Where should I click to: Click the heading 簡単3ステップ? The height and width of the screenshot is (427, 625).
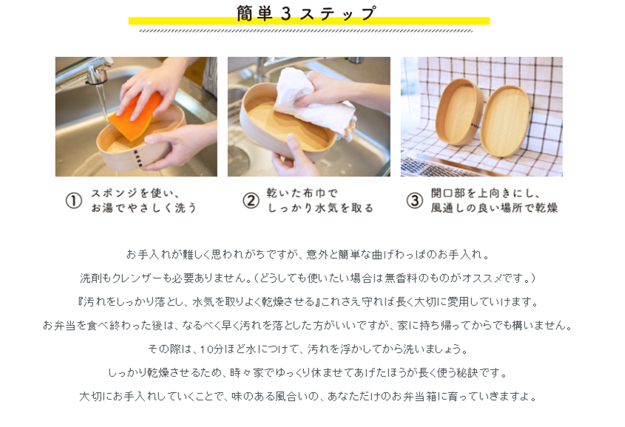pyautogui.click(x=306, y=13)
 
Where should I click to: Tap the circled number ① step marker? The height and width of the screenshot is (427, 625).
pyautogui.click(x=74, y=200)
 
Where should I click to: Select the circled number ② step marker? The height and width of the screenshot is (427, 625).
pyautogui.click(x=251, y=200)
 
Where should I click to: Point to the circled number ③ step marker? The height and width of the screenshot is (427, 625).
pyautogui.click(x=414, y=200)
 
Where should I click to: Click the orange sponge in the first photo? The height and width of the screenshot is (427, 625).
pyautogui.click(x=135, y=115)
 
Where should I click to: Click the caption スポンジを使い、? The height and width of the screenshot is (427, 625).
pyautogui.click(x=135, y=194)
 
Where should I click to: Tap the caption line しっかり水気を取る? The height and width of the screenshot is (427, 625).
pyautogui.click(x=320, y=208)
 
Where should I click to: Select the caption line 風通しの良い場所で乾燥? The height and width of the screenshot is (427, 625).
pyautogui.click(x=494, y=208)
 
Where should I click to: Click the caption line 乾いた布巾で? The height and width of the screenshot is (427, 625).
pyautogui.click(x=302, y=194)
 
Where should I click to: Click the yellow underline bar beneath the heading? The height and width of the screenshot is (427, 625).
pyautogui.click(x=309, y=21)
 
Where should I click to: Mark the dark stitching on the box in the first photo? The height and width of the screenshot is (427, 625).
pyautogui.click(x=137, y=157)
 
